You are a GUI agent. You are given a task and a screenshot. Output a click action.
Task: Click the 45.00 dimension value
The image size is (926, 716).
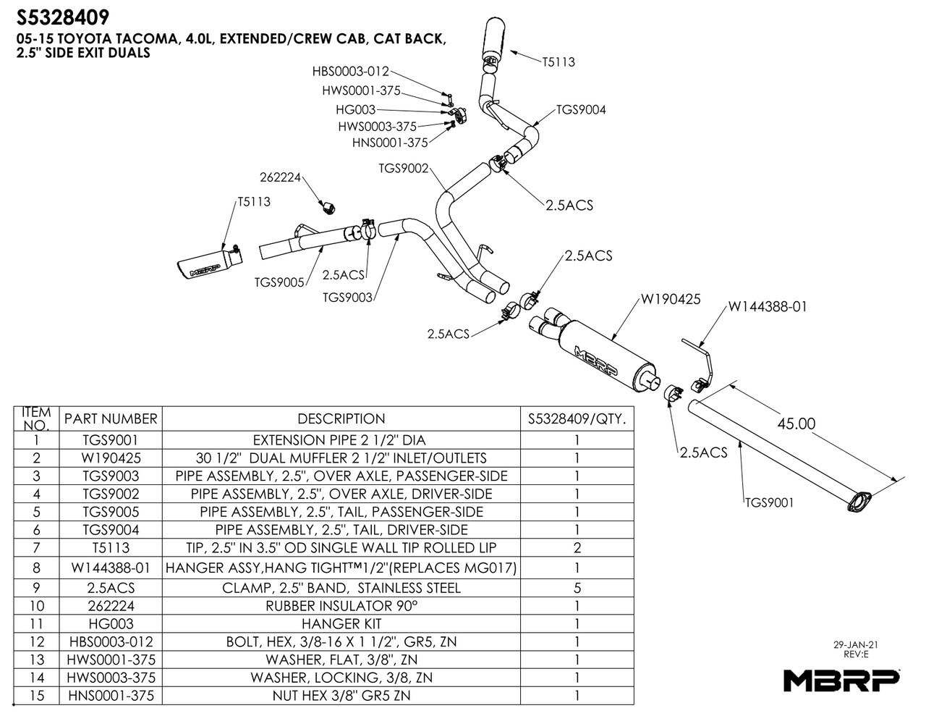pos(796,424)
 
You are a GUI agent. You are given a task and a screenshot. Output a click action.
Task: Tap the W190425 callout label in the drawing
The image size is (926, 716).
pos(670,299)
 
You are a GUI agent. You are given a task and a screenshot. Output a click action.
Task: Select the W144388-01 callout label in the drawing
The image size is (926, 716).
pos(767,306)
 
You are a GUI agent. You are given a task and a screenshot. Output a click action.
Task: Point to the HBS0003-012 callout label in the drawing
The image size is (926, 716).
pos(350,72)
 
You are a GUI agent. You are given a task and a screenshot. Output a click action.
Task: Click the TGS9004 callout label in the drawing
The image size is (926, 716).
pos(581,110)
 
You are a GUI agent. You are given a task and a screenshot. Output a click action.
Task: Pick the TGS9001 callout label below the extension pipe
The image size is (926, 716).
pos(769,502)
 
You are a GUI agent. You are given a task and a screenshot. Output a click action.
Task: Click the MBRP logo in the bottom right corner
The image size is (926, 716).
pos(841,680)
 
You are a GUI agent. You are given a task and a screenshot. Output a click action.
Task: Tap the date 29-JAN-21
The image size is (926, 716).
pos(856,644)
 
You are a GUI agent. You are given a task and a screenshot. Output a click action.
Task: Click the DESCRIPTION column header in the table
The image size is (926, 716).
pos(341,418)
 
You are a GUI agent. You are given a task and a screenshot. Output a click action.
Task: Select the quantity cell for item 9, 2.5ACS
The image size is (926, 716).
pos(577,588)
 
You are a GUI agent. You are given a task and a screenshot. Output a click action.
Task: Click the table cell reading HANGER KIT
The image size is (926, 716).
pos(341,623)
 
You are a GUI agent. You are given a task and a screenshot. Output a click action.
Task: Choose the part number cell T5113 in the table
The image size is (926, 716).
pos(110,548)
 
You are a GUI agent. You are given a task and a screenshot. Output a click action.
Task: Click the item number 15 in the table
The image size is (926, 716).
pos(37,696)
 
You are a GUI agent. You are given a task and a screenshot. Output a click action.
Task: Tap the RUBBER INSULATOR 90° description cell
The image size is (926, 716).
pos(341,605)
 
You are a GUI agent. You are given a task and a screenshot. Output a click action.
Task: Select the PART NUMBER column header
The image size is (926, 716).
pos(110,418)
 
